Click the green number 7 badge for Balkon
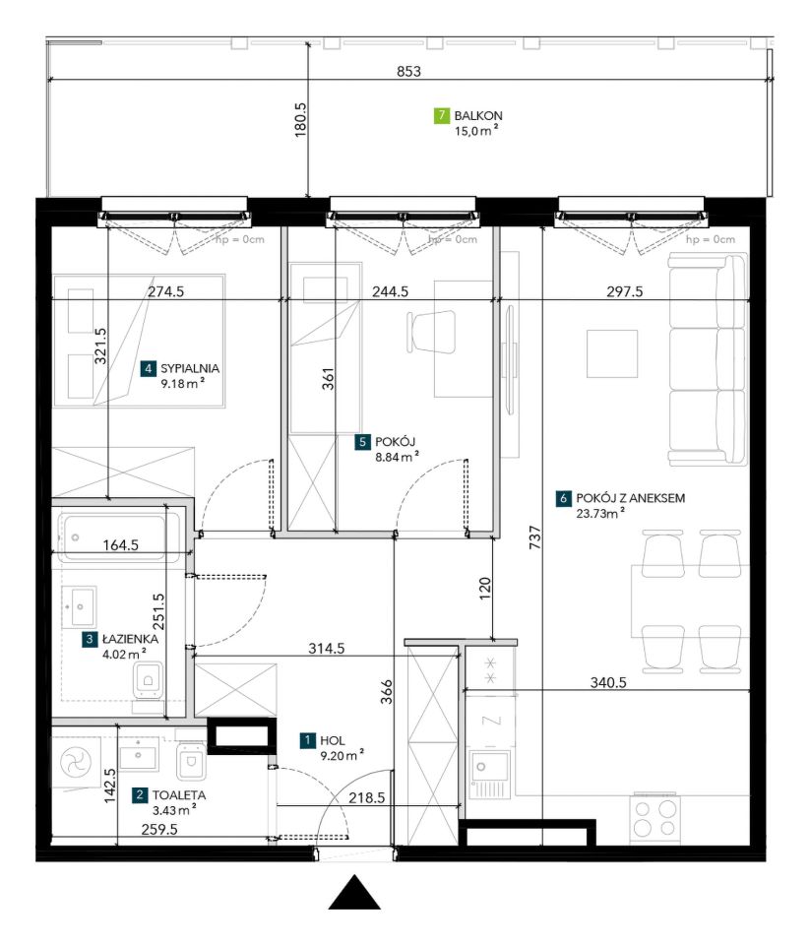click(x=442, y=115)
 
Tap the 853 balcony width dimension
click(x=408, y=71)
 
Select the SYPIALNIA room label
click(x=190, y=368)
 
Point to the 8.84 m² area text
click(x=397, y=457)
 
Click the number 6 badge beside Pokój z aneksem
click(x=564, y=498)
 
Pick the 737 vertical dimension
click(x=535, y=537)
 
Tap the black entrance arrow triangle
click(x=354, y=892)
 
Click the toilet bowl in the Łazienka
click(x=148, y=681)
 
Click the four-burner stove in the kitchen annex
click(x=655, y=819)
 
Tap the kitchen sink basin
click(x=489, y=768)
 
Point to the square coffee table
click(x=612, y=353)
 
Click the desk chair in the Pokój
click(x=431, y=332)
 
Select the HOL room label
click(x=333, y=740)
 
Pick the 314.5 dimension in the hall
click(x=327, y=649)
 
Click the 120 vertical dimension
click(x=485, y=589)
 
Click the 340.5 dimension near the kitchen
click(x=608, y=683)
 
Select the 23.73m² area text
click(x=599, y=514)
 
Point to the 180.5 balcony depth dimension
click(x=301, y=120)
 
